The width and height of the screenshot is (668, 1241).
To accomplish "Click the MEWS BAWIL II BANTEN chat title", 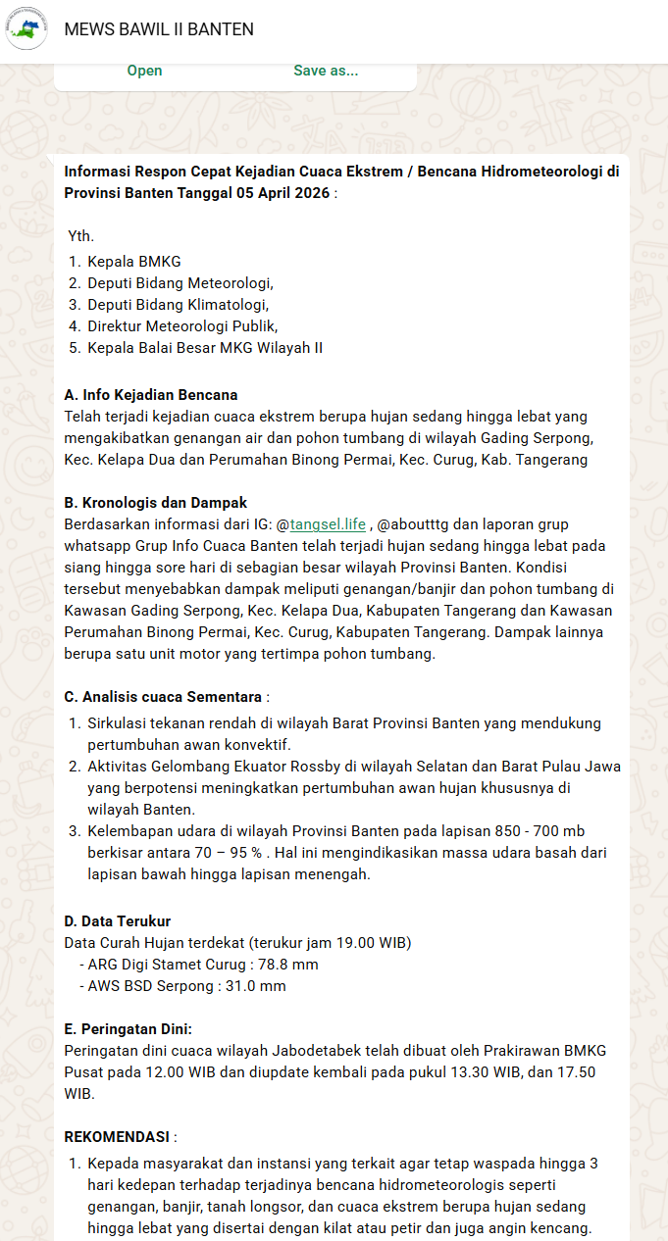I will coord(159,29).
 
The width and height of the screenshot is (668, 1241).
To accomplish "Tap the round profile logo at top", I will coord(26,28).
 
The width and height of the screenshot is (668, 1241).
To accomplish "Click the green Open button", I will coord(144,71).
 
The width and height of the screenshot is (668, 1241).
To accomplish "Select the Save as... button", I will coord(326,71).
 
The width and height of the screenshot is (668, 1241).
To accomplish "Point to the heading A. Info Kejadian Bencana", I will coord(151,395).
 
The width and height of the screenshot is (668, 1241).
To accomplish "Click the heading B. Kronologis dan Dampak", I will coord(155,503).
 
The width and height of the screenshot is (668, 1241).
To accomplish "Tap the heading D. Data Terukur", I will coord(118,921).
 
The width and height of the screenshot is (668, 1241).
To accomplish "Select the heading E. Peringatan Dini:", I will coord(128,1029).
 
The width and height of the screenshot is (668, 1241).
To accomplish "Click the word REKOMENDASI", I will coord(117,1137).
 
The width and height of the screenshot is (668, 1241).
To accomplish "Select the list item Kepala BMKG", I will coord(133,262).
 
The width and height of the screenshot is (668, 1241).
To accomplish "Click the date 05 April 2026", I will coord(282,193).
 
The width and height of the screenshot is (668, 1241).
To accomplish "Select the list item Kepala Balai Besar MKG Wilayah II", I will coord(204,348).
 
